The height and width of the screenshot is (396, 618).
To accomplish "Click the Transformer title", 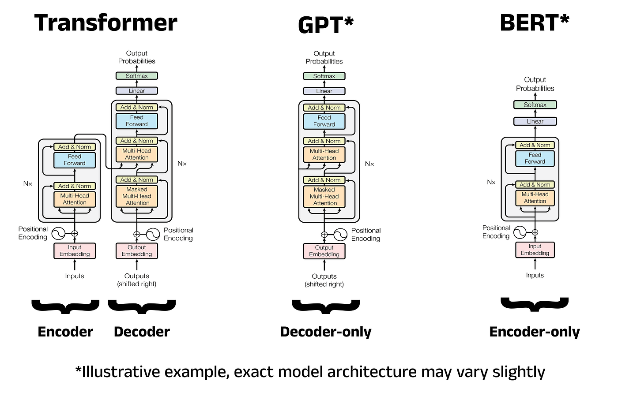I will [106, 23].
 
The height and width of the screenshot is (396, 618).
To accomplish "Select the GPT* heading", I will [326, 25].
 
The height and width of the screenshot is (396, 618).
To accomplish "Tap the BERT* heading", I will [535, 23].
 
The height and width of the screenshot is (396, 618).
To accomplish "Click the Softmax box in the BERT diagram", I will [535, 105].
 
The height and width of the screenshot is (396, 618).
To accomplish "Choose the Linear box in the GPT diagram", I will [324, 91].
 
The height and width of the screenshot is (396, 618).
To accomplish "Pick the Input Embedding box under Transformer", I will [75, 251].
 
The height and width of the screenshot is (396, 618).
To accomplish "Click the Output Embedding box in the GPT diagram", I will [324, 251].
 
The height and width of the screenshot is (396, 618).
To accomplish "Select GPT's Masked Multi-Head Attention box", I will [324, 197].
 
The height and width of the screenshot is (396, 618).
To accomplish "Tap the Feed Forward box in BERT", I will [535, 158].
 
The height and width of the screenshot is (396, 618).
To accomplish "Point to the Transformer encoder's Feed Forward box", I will [75, 160].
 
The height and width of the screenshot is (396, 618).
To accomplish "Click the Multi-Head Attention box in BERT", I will [535, 198].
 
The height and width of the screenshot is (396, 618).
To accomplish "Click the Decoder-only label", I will [326, 332].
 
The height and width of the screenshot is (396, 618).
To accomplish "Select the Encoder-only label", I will [535, 332].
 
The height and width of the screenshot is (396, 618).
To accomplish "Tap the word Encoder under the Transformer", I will [65, 332].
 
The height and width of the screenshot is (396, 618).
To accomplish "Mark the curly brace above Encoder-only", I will [535, 304].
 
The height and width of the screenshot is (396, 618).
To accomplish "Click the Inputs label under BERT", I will [535, 275].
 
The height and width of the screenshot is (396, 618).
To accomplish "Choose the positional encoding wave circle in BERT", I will [520, 232].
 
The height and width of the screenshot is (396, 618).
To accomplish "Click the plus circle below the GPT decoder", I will [324, 235].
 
